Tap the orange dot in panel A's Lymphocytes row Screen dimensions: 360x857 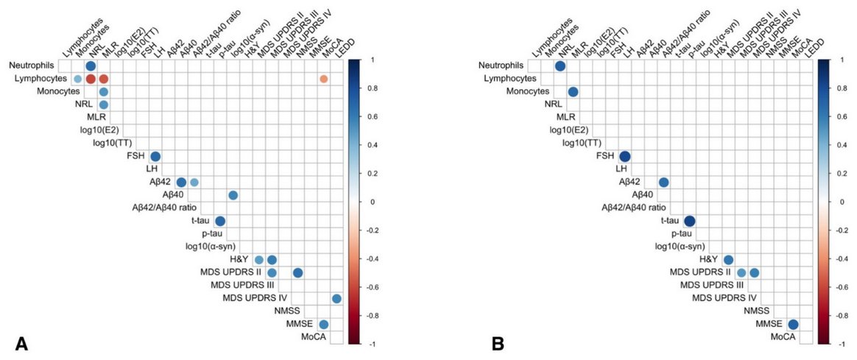click(324, 79)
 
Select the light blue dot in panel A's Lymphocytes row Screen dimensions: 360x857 click(77, 79)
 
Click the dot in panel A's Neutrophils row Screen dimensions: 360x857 click(91, 66)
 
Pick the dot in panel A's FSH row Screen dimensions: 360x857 click(155, 156)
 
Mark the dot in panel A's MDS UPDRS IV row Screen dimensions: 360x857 click(336, 298)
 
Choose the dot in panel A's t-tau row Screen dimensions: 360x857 click(220, 221)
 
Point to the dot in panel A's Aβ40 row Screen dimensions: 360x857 click(233, 195)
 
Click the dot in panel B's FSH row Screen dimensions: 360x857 click(624, 156)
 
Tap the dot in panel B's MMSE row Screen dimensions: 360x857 click(793, 324)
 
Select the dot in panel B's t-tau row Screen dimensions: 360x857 click(689, 221)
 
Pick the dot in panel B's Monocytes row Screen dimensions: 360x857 click(573, 92)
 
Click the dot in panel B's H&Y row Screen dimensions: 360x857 click(728, 260)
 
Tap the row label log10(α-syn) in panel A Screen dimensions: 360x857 click(214, 247)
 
